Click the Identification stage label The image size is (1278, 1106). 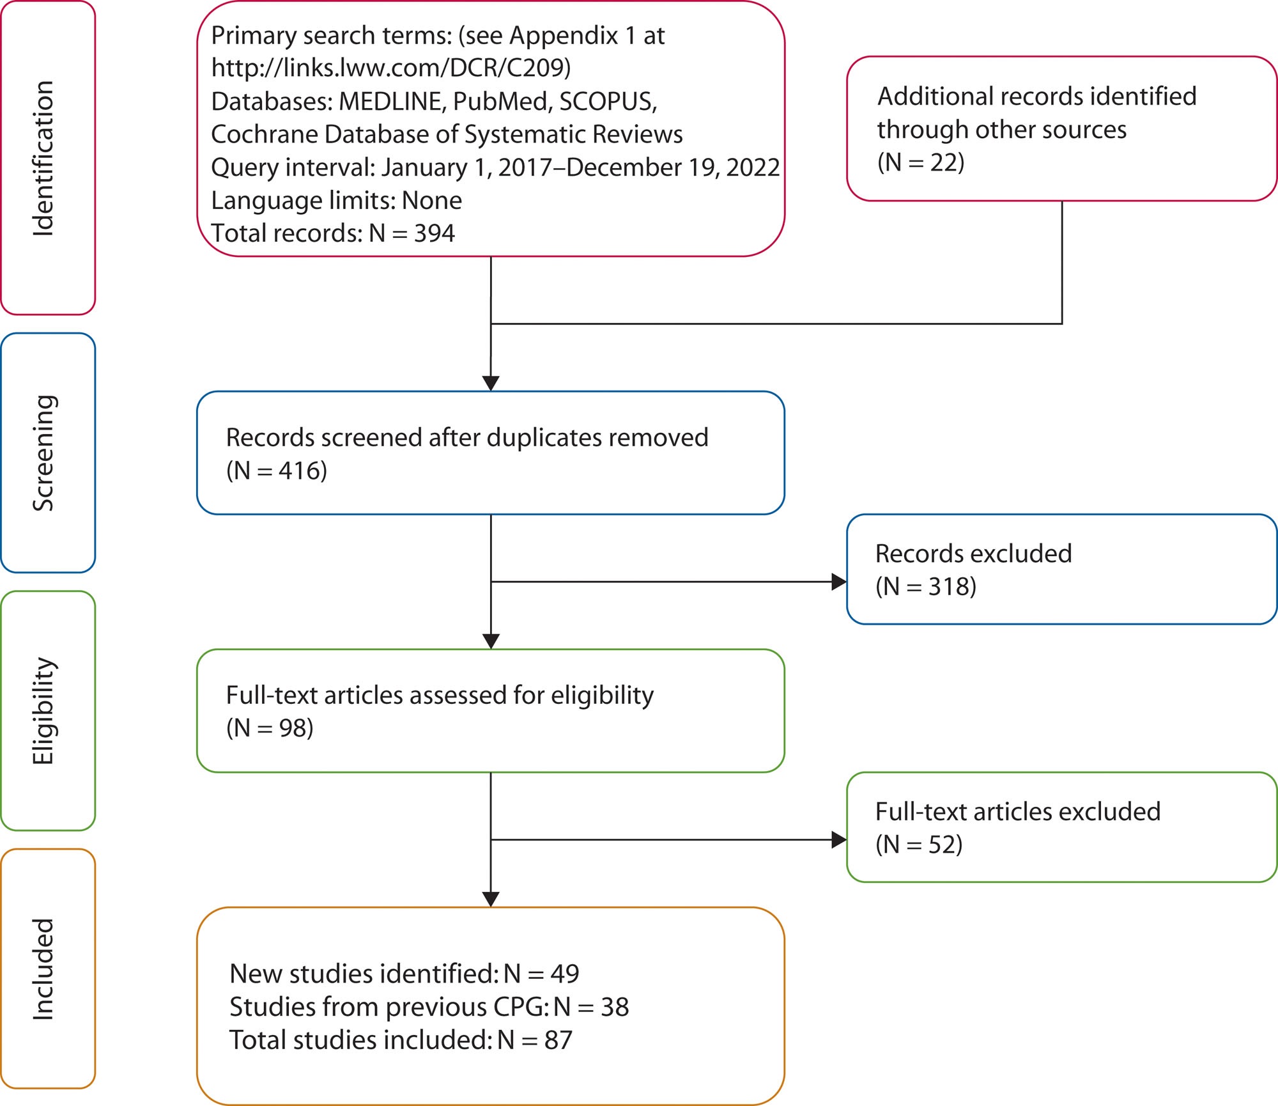[x=43, y=159]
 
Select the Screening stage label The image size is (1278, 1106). [x=43, y=453]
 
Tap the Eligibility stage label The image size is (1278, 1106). [x=43, y=711]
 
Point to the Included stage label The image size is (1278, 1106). [x=43, y=969]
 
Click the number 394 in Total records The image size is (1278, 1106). [x=435, y=233]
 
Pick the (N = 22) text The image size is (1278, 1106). [x=921, y=162]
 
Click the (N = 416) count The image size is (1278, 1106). [x=277, y=471]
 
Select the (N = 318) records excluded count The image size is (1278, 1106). [x=926, y=587]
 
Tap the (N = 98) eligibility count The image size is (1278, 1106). [x=270, y=728]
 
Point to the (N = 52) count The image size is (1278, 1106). [x=919, y=845]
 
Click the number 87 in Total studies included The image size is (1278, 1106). [x=558, y=1040]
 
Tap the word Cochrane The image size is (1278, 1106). [x=264, y=134]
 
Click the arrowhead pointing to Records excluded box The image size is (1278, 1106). [x=839, y=582]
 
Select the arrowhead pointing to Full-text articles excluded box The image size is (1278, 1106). [x=839, y=840]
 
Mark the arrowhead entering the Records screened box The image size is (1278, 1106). [x=491, y=384]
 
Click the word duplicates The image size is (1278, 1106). [x=544, y=438]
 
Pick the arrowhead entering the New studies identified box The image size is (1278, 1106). [x=491, y=900]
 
